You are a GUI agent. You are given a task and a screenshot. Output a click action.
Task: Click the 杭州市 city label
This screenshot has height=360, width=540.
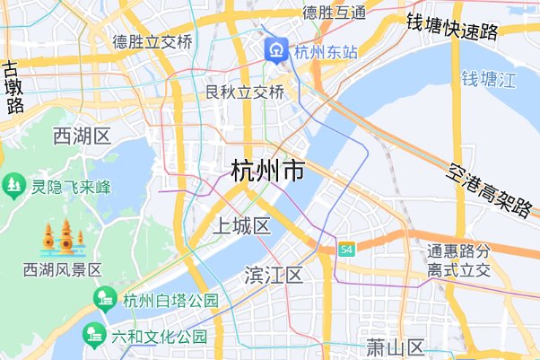point(266,171)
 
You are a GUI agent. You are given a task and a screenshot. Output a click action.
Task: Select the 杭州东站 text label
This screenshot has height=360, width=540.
point(326,52)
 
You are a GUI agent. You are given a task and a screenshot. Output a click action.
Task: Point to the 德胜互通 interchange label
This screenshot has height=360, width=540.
point(334,12)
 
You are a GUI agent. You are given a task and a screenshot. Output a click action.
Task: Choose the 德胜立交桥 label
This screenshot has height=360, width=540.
point(152,42)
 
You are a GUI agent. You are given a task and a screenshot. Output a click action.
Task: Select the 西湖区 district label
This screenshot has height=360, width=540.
point(81,136)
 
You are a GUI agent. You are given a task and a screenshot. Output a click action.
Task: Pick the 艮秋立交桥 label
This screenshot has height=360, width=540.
point(244,92)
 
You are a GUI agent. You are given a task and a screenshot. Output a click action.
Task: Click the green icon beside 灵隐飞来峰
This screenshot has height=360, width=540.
point(13,186)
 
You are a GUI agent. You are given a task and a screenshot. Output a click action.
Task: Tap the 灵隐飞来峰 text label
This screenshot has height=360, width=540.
point(71,187)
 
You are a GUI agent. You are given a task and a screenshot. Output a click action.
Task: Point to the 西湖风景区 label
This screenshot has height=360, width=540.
point(63,269)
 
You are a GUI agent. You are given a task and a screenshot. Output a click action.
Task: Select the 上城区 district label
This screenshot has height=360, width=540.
point(240,225)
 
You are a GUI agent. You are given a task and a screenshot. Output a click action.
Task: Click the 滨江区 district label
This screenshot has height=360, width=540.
point(274,275)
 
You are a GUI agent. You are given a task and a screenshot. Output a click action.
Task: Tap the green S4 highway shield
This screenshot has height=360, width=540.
point(346,249)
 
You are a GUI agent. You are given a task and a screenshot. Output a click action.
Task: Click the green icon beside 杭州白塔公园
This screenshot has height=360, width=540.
point(106,300)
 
